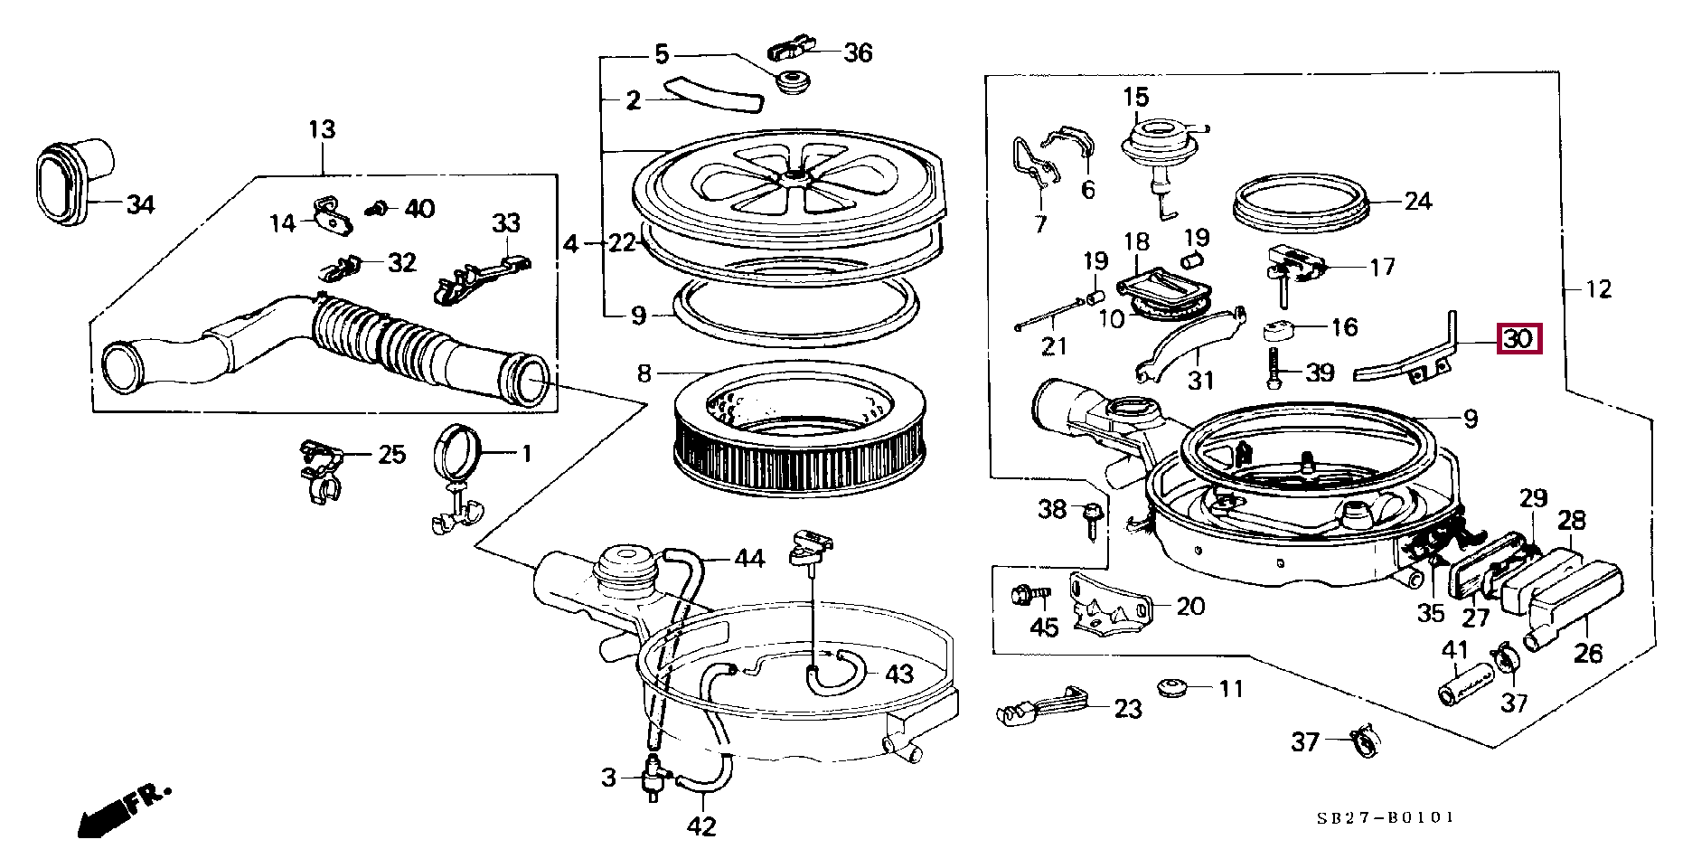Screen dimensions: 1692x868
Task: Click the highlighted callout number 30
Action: [1518, 339]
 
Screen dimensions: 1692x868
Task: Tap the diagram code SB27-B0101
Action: [1385, 817]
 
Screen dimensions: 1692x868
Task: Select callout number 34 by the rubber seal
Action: [140, 204]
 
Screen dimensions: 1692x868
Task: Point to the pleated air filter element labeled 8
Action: [802, 438]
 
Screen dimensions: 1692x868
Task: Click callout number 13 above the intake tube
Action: [322, 129]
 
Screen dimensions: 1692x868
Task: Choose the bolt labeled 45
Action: [1028, 597]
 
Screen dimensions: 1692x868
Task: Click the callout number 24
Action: [1418, 201]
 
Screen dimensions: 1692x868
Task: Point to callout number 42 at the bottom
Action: [701, 826]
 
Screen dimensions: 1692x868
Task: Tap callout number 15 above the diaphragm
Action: [1136, 97]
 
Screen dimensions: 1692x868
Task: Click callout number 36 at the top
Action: [858, 52]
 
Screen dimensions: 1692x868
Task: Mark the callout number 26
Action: [1588, 652]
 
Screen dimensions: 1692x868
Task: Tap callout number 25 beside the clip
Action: [391, 454]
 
